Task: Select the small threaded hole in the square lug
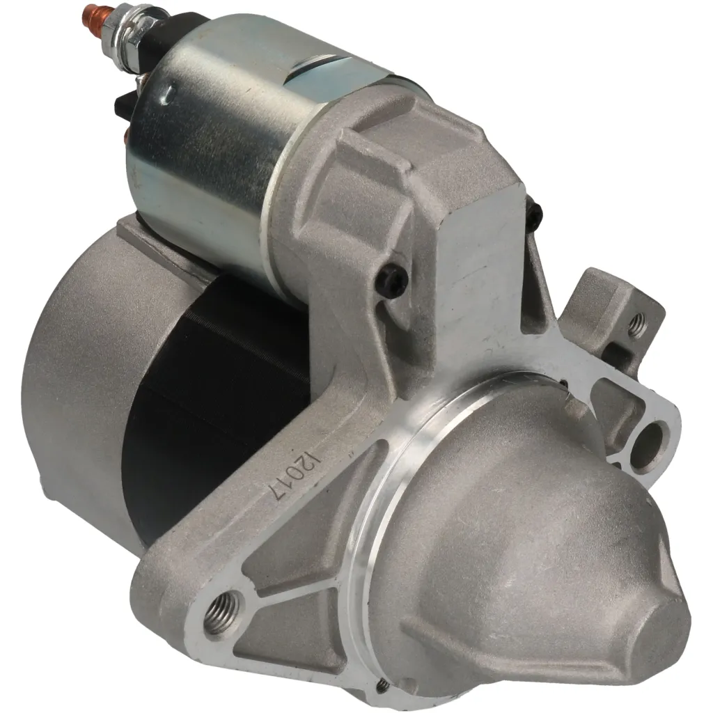(636, 325)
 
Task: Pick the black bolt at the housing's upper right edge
(534, 217)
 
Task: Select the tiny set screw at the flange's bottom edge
(382, 687)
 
